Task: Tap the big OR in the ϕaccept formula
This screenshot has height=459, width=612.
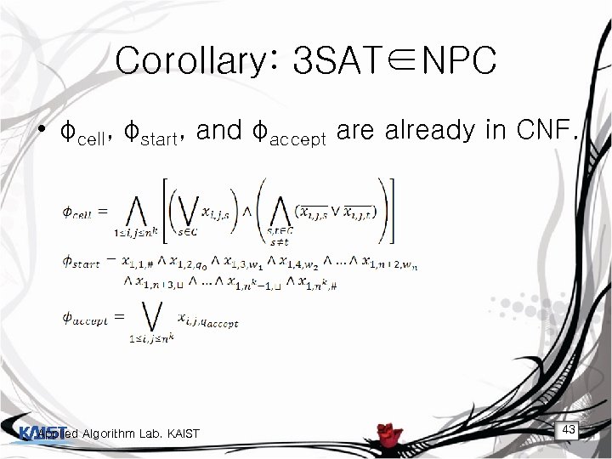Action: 139,319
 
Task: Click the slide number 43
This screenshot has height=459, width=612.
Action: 569,430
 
